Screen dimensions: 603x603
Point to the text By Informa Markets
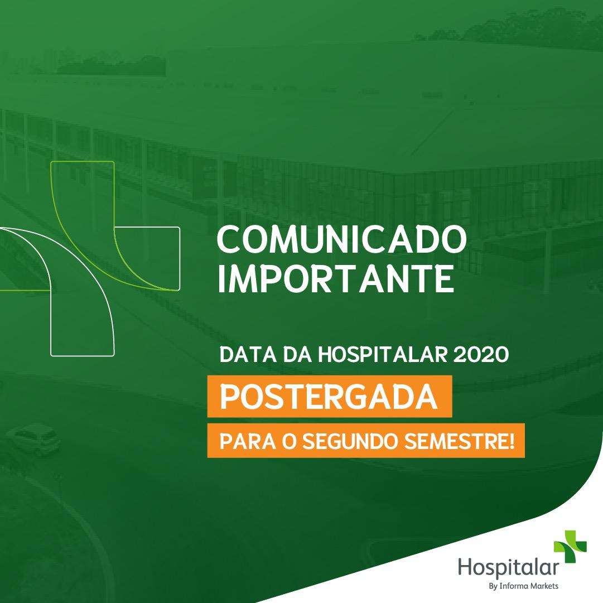[x=523, y=586]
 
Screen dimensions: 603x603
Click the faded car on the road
[x=33, y=438]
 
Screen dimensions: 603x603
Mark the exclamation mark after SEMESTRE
[x=512, y=441]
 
